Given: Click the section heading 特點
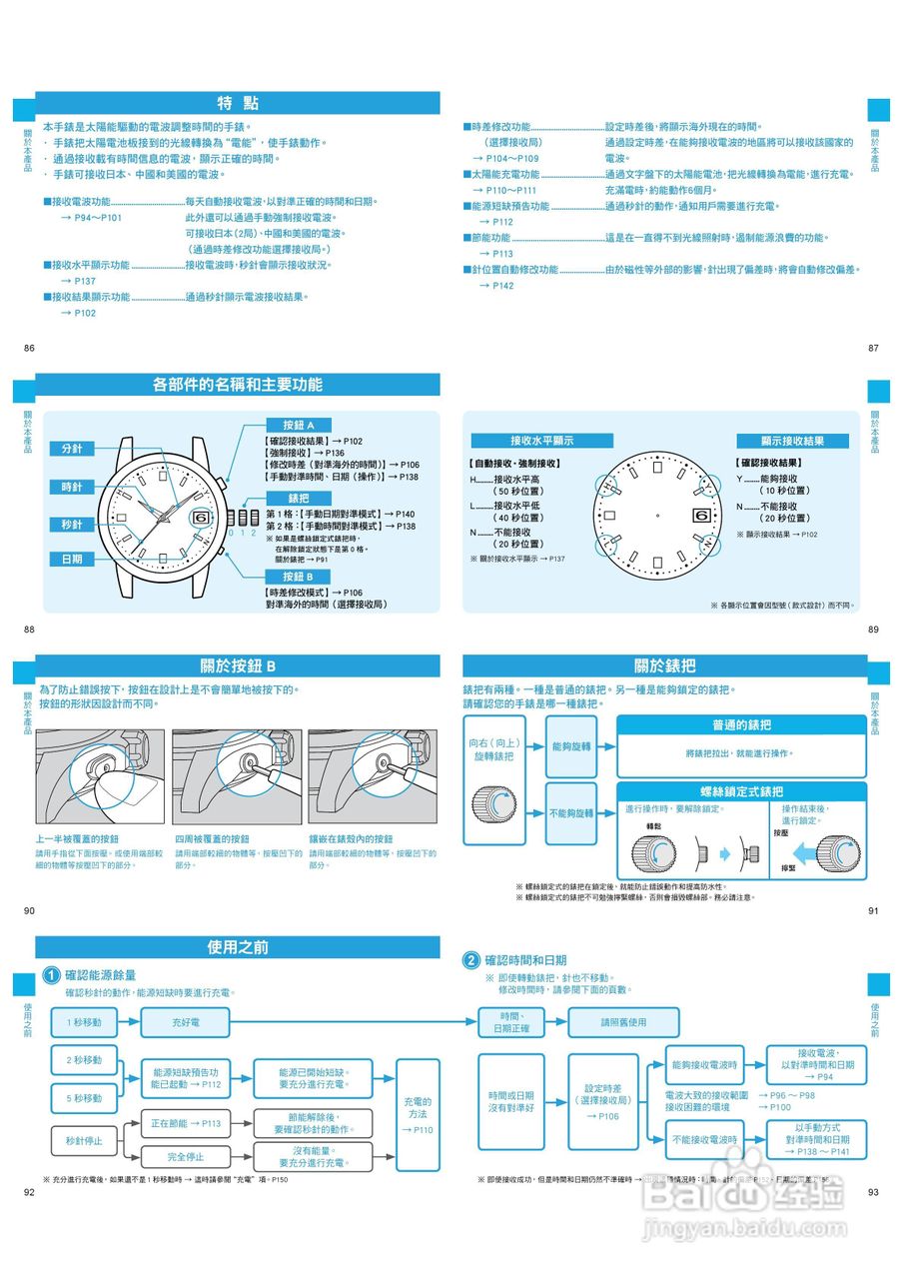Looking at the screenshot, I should coord(238,103).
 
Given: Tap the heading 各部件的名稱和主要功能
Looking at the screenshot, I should coord(238,385).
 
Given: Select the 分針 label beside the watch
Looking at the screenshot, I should coord(72,449).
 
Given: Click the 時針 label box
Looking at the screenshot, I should coord(72,487).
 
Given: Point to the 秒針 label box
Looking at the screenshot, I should coord(72,525).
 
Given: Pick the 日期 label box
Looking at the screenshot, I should coord(72,559).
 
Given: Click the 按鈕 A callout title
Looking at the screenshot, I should coord(298,425).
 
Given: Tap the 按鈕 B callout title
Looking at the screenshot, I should coord(298,577).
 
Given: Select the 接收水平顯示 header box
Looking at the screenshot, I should coord(534,441).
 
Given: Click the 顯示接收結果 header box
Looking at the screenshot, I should coord(792,441).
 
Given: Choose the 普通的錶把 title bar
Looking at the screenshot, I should coord(741,724).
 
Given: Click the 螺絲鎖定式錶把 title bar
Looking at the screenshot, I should coord(741,791).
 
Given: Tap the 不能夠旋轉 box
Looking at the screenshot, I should coord(571,813).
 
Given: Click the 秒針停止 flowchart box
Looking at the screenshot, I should coord(84,1140).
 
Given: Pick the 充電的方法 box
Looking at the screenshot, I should coord(418,1114).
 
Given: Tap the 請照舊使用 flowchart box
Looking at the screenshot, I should coord(623,1022).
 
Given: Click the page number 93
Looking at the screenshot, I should coord(873,1192).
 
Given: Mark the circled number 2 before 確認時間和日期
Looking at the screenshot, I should coord(471,960).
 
